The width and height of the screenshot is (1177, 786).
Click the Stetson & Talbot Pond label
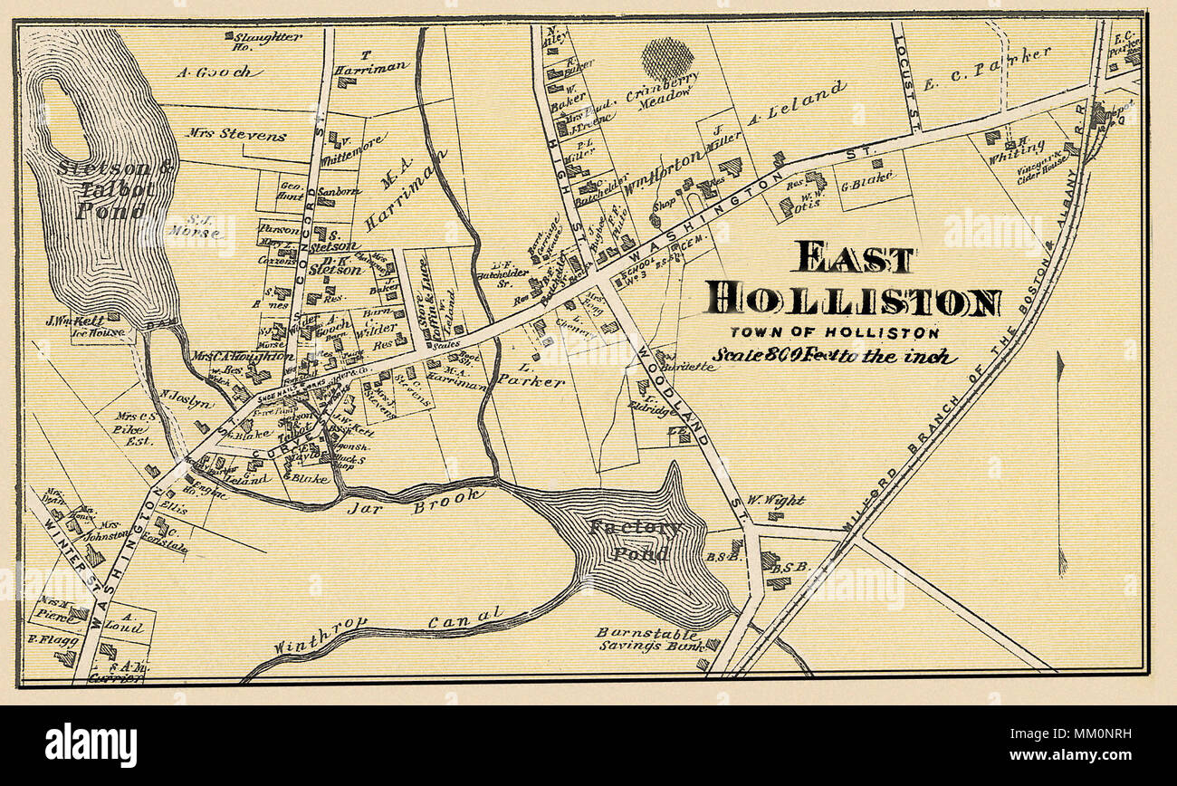(101, 189)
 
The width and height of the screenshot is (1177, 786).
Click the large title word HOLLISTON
(853, 299)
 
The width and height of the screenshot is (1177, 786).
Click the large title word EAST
(855, 258)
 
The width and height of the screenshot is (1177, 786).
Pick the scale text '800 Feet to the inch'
(833, 356)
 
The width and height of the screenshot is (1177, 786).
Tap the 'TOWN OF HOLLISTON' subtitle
(834, 333)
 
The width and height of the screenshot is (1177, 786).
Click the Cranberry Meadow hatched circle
(667, 59)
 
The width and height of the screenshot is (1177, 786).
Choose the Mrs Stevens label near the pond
(236, 136)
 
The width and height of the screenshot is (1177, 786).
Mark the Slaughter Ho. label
(263, 41)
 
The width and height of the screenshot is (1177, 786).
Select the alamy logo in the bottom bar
(91, 745)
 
